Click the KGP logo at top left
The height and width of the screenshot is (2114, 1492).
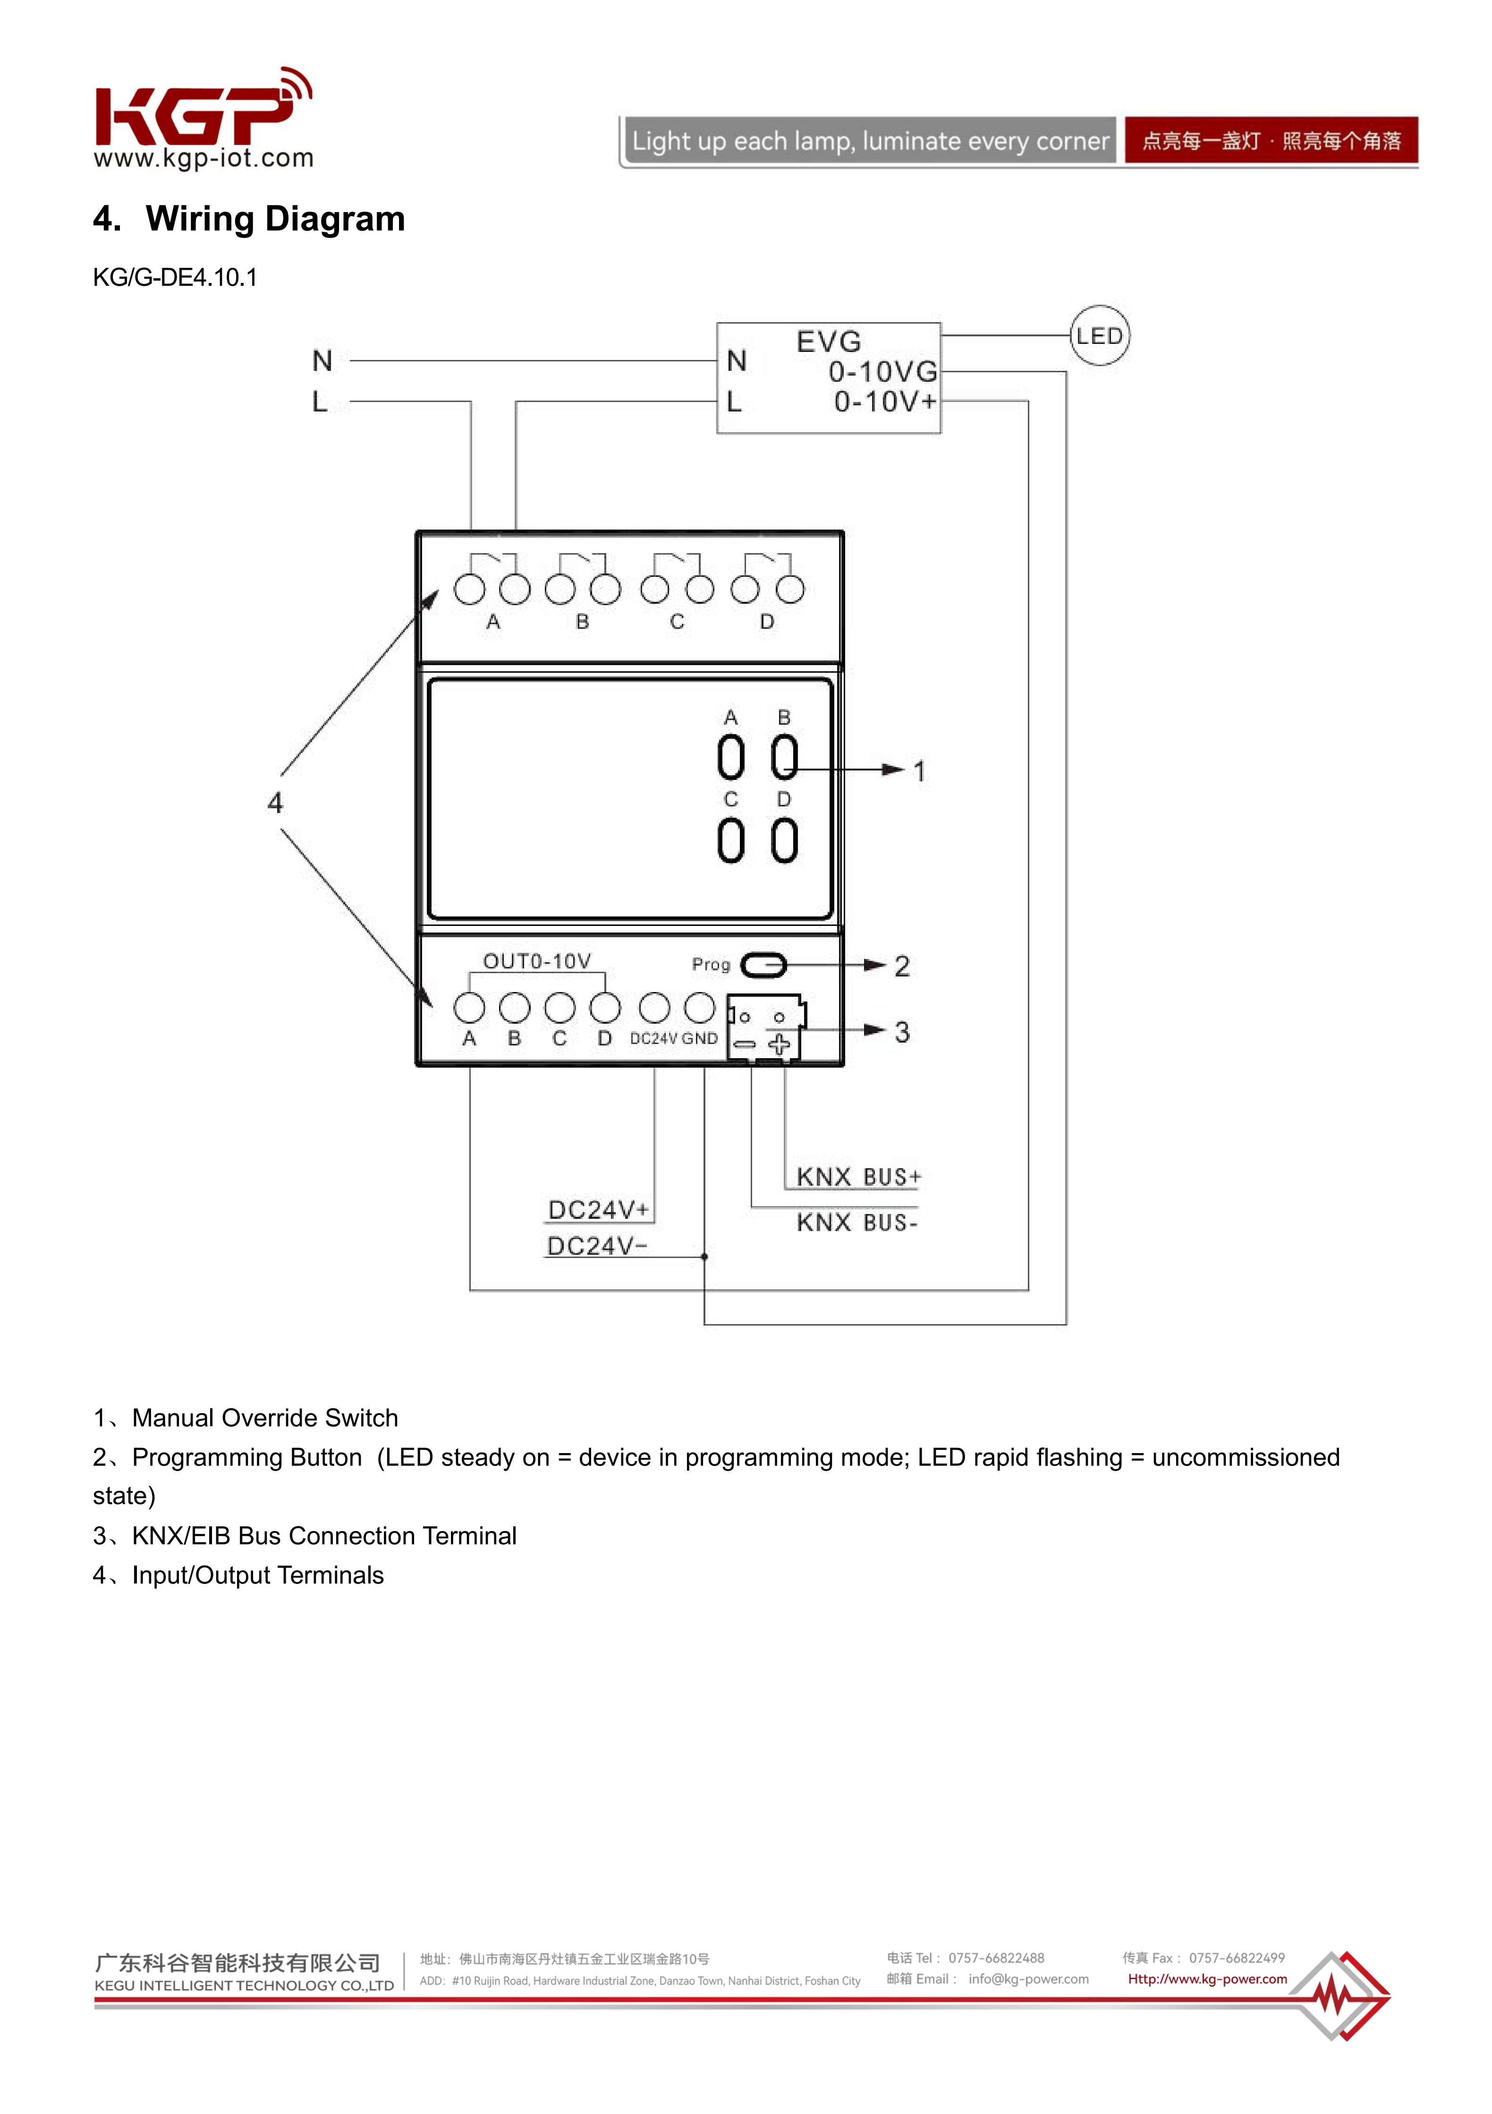203,117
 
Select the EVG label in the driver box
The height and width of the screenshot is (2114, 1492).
828,342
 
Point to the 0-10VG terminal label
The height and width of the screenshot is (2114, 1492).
882,372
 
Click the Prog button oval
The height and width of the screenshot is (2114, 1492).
763,965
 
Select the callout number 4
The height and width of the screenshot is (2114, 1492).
274,803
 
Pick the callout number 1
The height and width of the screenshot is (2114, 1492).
919,771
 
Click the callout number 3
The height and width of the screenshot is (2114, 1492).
902,1032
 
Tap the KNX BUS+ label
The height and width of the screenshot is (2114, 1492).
858,1177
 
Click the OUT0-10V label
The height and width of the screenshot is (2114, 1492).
537,961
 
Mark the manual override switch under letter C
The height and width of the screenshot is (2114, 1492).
731,840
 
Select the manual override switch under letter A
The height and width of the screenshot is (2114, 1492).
731,758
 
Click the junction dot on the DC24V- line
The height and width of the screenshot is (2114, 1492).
704,1256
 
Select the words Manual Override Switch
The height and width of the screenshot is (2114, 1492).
265,1418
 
